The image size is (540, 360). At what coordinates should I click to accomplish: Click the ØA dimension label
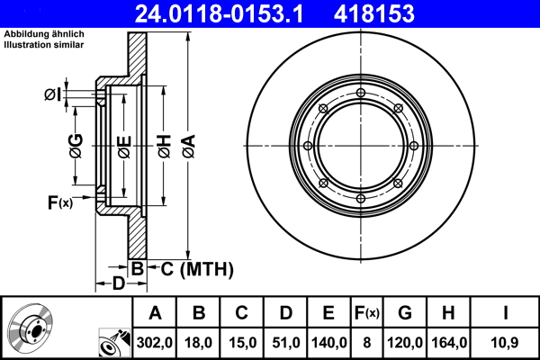point(188,144)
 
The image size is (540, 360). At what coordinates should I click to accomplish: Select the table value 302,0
point(155,342)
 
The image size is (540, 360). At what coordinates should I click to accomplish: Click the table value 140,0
point(328,342)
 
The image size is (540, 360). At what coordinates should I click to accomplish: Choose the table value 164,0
point(449,342)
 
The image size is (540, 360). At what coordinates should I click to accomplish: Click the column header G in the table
point(405,313)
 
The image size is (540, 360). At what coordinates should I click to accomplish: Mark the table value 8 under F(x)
point(368,342)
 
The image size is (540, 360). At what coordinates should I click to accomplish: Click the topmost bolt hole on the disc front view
point(360,94)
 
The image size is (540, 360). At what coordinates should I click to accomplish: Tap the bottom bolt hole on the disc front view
point(360,198)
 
